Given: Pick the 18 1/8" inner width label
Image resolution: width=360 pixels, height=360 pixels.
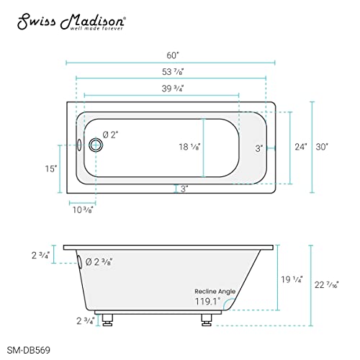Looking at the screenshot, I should pos(189,146).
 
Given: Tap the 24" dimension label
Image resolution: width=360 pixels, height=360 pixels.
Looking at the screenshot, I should pos(300,147).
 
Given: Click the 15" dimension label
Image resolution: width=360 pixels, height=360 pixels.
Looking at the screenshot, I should pos(50,168).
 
